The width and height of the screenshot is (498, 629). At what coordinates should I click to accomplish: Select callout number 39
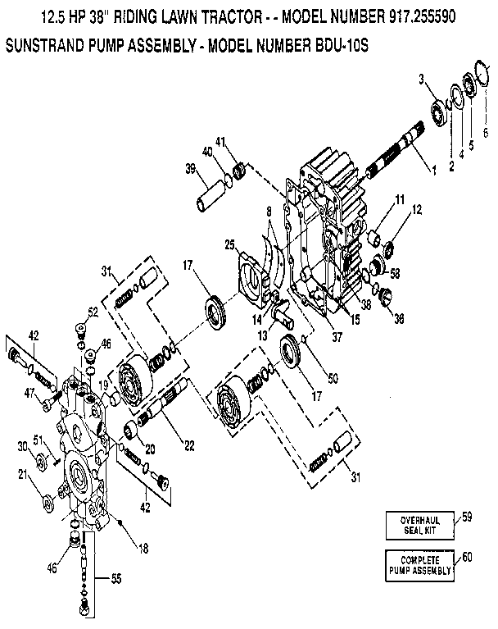189,169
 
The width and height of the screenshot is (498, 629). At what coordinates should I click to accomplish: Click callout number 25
230,245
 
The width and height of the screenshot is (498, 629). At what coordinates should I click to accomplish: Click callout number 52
93,312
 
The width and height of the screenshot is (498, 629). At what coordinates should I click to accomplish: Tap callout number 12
418,209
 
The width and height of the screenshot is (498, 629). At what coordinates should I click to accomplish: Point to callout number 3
421,79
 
